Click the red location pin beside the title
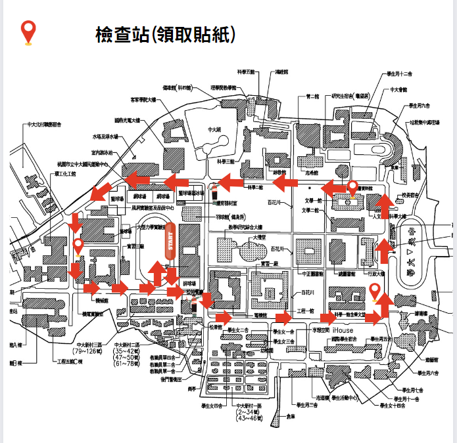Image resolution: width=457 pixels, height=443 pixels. [x=28, y=32]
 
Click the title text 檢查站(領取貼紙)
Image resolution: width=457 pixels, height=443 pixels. [x=165, y=33]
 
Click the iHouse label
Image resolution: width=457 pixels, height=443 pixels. [x=343, y=329]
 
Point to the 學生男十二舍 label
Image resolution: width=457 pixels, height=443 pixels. [x=400, y=74]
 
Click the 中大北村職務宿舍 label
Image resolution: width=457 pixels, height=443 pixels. [x=44, y=124]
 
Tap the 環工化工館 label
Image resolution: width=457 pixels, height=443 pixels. [x=65, y=174]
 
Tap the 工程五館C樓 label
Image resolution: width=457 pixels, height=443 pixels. [x=70, y=362]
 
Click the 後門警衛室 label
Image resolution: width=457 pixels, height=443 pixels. [x=166, y=379]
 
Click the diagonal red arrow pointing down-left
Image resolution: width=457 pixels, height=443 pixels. [x=101, y=191]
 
